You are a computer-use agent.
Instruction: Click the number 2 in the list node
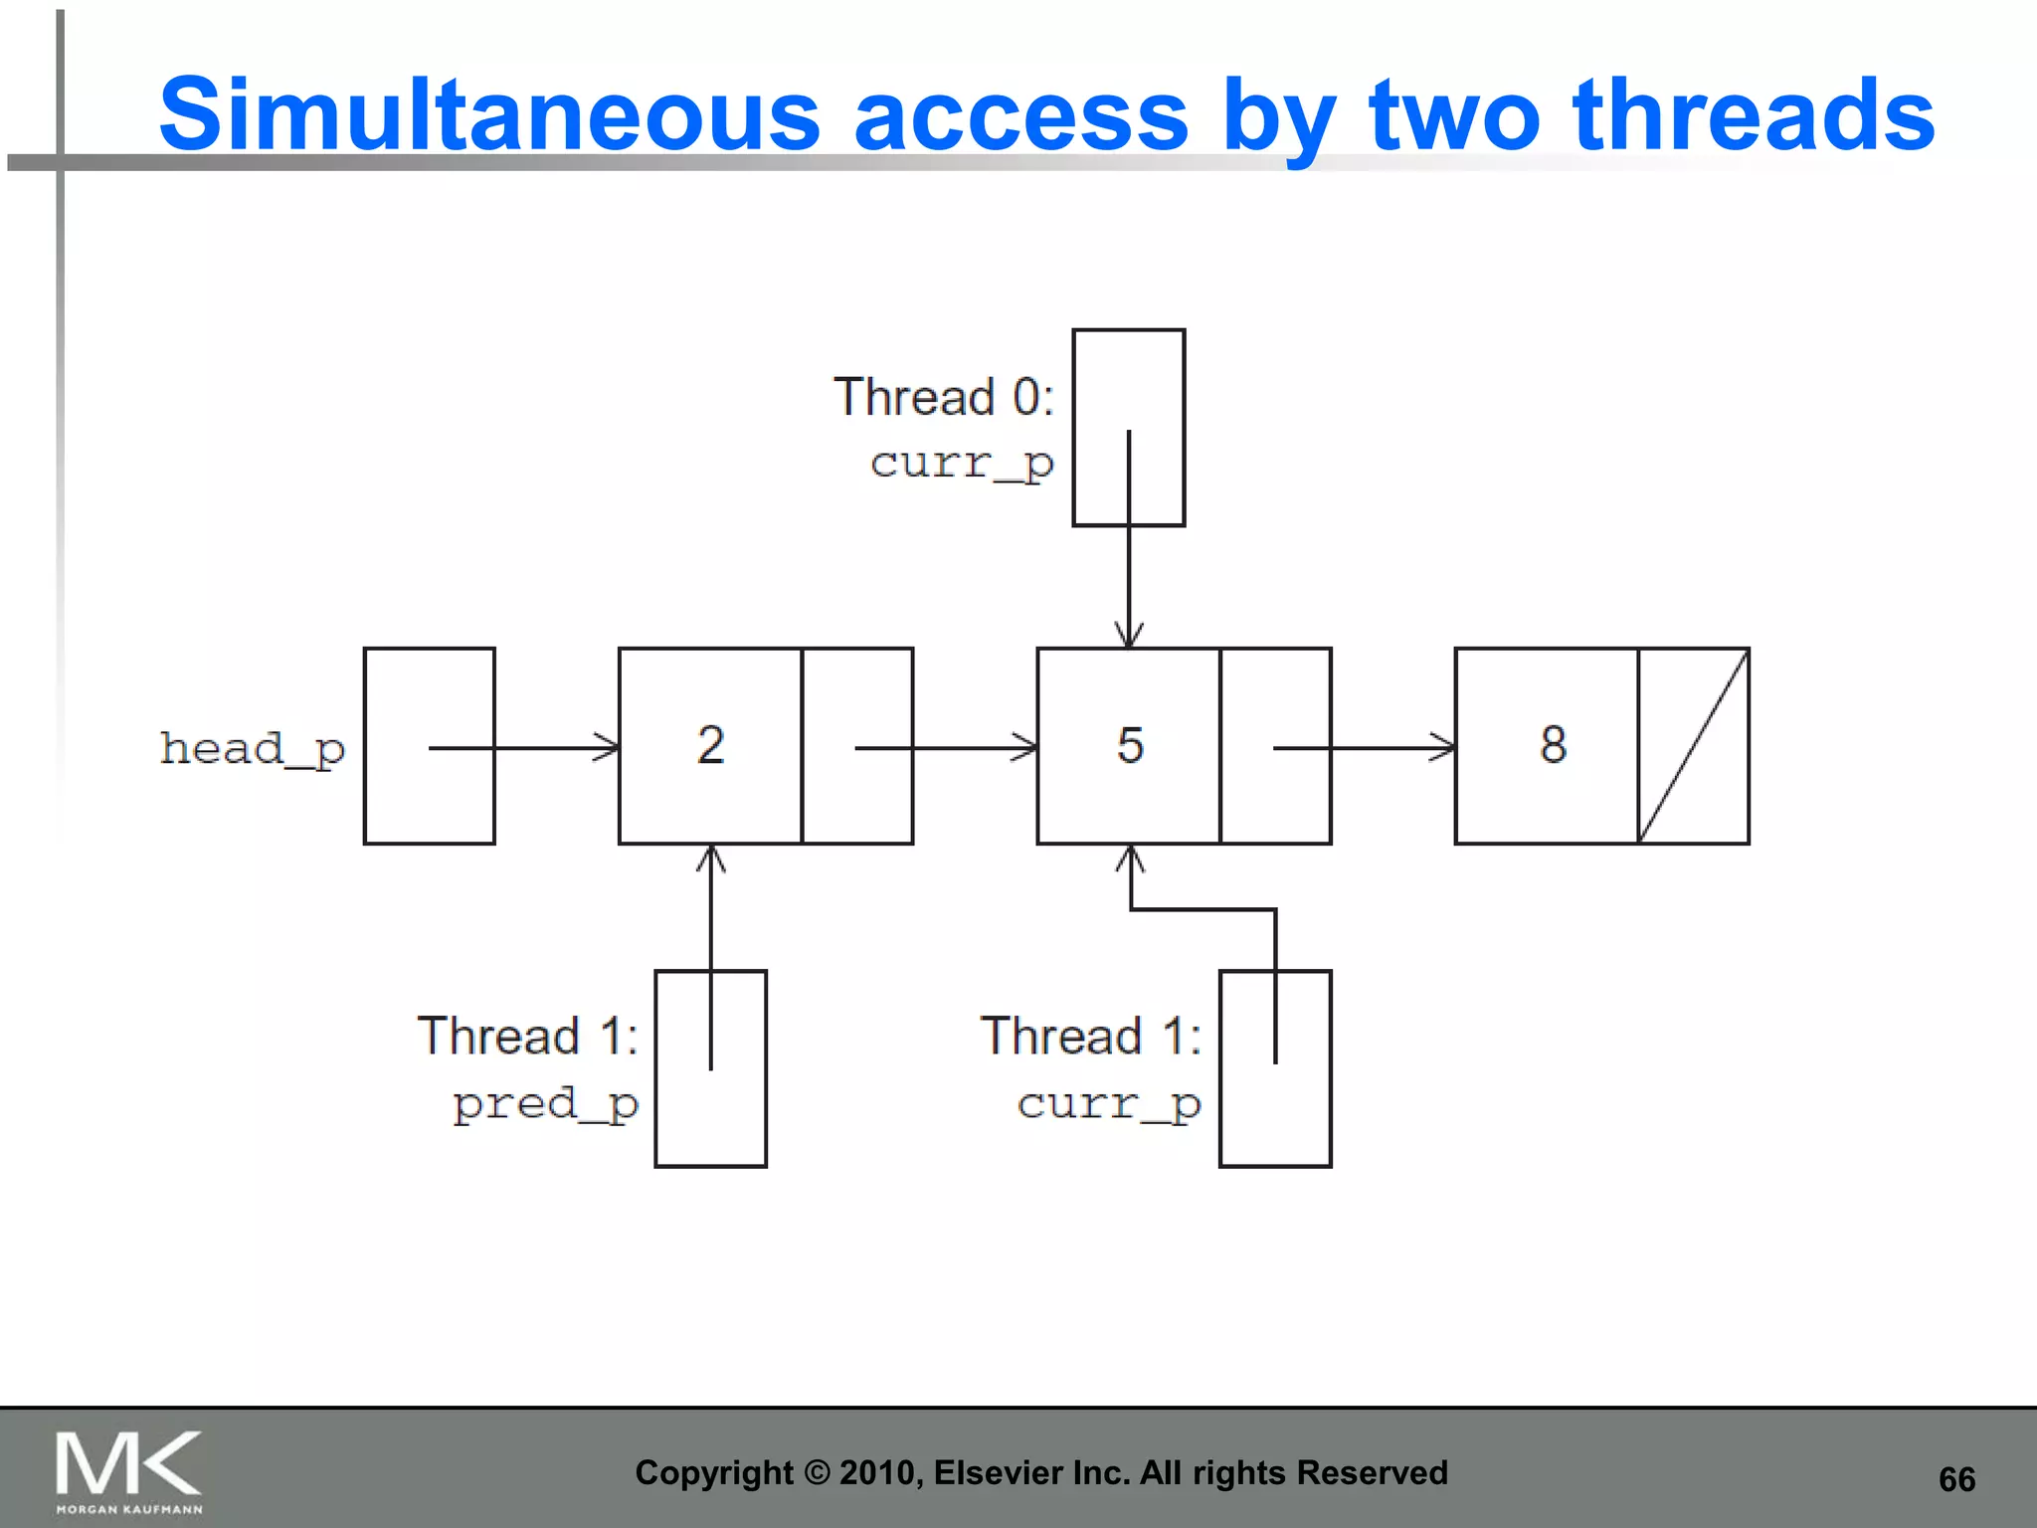click(x=710, y=744)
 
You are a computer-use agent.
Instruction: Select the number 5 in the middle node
click(x=1130, y=744)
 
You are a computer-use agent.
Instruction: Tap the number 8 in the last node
click(x=1553, y=744)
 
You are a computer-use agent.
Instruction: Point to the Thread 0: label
click(x=943, y=397)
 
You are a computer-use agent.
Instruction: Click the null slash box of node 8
click(x=1693, y=746)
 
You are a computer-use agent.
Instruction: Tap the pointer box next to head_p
click(x=430, y=746)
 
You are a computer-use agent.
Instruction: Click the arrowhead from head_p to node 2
click(x=607, y=747)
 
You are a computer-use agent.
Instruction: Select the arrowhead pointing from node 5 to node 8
click(x=1442, y=747)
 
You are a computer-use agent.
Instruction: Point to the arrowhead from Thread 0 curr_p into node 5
click(x=1129, y=635)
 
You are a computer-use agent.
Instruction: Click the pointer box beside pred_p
click(x=710, y=1068)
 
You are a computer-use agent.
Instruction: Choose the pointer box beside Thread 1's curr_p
click(x=1275, y=1068)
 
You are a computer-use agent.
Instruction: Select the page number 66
click(x=1956, y=1479)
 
